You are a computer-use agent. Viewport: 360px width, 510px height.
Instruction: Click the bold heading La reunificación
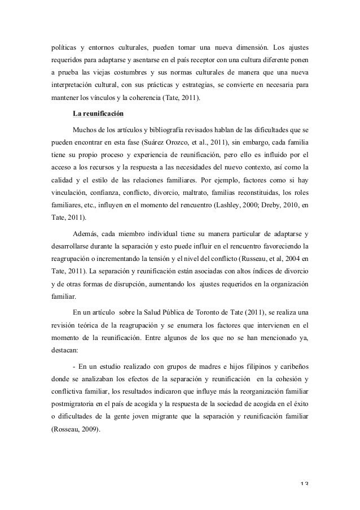tap(99, 112)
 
